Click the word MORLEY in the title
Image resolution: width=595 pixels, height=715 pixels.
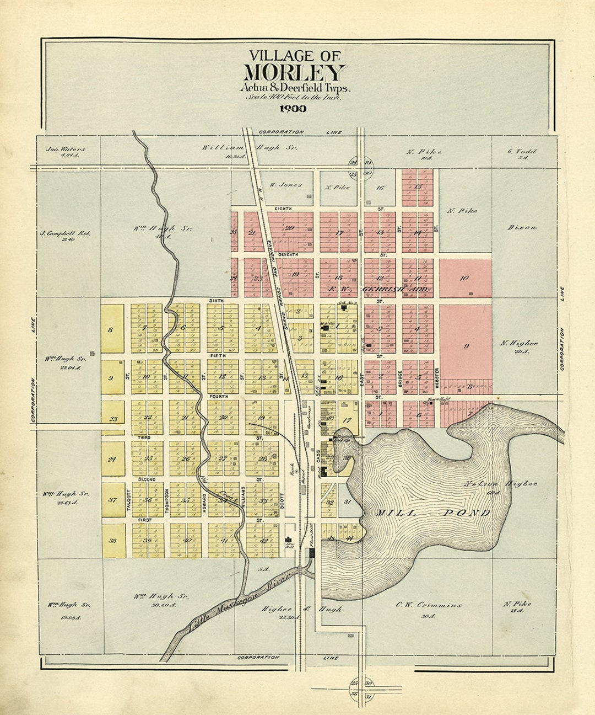click(295, 73)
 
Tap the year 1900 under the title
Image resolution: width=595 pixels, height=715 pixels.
click(293, 109)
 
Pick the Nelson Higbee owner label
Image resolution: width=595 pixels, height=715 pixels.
click(500, 484)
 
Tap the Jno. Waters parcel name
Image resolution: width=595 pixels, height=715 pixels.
click(65, 148)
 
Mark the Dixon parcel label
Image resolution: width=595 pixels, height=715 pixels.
click(522, 227)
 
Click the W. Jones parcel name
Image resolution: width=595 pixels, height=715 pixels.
click(285, 185)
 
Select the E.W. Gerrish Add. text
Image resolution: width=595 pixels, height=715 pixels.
click(379, 289)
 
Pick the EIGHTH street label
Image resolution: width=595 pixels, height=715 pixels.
click(285, 209)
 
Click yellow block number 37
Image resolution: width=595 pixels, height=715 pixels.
click(112, 500)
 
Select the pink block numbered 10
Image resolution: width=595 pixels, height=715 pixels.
click(464, 279)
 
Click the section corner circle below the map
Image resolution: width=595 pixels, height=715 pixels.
click(353, 688)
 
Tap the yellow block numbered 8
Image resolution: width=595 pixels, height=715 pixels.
click(110, 330)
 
